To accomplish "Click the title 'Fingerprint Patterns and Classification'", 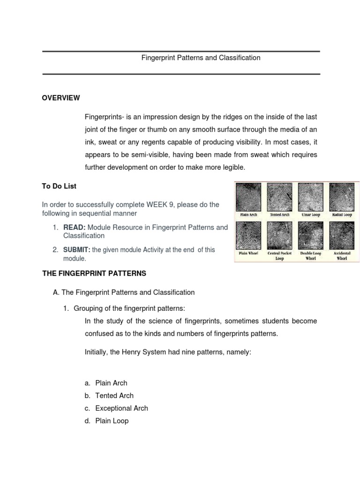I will pyautogui.click(x=201, y=58).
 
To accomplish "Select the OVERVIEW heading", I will pyautogui.click(x=61, y=98).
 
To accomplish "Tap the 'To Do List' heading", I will pyautogui.click(x=59, y=186).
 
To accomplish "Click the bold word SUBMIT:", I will pyautogui.click(x=76, y=250).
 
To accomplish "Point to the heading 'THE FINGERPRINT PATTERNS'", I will pyautogui.click(x=94, y=273).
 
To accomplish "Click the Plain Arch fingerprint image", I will pyautogui.click(x=248, y=197).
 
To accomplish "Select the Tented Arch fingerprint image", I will pyautogui.click(x=279, y=197).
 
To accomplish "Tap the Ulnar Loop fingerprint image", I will pyautogui.click(x=310, y=197).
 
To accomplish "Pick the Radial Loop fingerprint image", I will pyautogui.click(x=342, y=197).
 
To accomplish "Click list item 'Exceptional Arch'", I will pyautogui.click(x=121, y=408).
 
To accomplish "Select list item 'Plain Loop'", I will pyautogui.click(x=112, y=420).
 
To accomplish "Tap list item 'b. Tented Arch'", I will pyautogui.click(x=114, y=395).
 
